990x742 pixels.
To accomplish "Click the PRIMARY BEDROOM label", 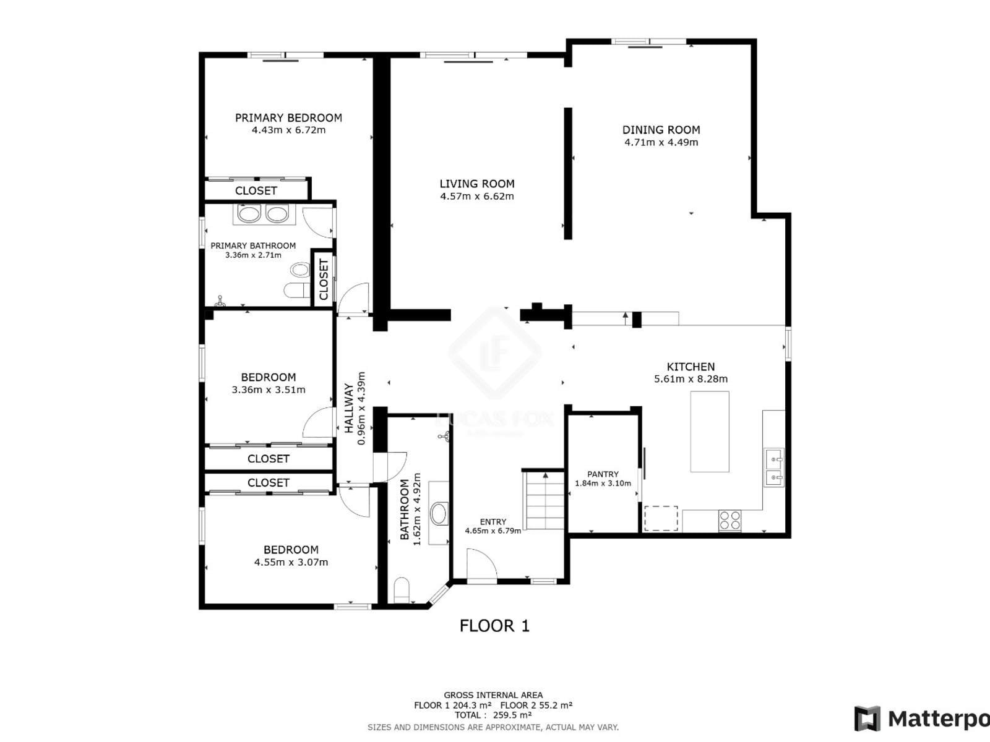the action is tap(288, 118).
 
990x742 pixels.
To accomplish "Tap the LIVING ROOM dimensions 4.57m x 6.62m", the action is tap(476, 197).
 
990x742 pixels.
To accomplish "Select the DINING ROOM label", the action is tap(661, 130).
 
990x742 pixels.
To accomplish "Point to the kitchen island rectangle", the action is tap(710, 432).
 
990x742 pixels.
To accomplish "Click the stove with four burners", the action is tap(730, 521).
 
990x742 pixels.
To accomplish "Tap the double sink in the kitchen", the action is tap(774, 467).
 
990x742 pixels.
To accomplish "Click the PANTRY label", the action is tap(603, 474).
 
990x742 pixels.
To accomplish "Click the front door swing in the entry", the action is tap(481, 565).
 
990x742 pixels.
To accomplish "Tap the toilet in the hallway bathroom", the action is tap(402, 591).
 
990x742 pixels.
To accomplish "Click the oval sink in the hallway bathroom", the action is tap(439, 514).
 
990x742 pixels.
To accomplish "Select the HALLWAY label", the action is tap(349, 408).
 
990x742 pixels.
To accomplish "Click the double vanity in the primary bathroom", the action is tap(264, 214).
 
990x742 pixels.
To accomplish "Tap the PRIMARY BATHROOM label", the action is tap(253, 246).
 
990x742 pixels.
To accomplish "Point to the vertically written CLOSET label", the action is tap(324, 279).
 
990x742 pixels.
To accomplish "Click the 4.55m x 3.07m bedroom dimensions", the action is tap(291, 563).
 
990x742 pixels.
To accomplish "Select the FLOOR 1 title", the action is tap(494, 626).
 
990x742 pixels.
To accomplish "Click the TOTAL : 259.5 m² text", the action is tap(493, 715).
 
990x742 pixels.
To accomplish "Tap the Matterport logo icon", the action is tap(867, 718).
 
